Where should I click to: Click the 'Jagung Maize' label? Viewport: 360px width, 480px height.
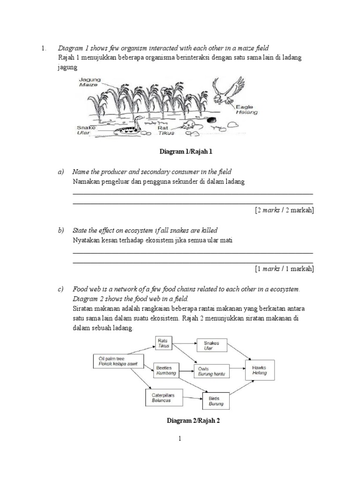click(x=89, y=83)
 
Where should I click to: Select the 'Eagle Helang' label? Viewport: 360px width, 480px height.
click(x=247, y=110)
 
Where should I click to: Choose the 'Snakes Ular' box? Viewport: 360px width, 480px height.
click(x=211, y=345)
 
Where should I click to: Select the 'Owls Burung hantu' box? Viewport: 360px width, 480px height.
click(x=211, y=371)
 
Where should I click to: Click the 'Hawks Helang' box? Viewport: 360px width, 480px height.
click(x=260, y=370)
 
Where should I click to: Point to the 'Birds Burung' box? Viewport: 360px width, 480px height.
click(x=216, y=401)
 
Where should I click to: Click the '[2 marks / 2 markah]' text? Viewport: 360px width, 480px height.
click(x=284, y=210)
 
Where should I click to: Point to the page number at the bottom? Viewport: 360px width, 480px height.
click(x=180, y=439)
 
